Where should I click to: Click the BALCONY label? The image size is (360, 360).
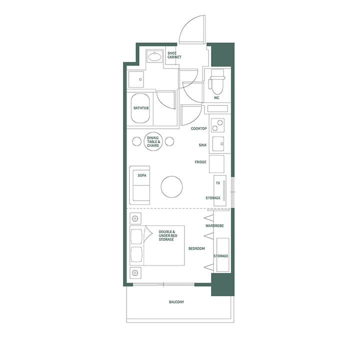click(176, 302)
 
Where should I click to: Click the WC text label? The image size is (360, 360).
click(216, 98)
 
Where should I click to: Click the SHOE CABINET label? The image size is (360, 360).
click(174, 55)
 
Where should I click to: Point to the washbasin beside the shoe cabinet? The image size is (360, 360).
click(154, 56)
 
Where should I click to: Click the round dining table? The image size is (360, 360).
click(153, 141)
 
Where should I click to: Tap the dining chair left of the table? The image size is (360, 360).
click(136, 141)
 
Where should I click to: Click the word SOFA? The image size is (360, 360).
click(141, 175)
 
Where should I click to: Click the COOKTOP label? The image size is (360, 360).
click(198, 128)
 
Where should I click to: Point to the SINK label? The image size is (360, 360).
click(202, 145)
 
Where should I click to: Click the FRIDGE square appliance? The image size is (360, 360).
click(216, 163)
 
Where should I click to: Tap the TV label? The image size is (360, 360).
click(217, 183)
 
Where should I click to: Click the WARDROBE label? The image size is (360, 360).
click(214, 226)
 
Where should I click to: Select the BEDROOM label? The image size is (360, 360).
click(196, 248)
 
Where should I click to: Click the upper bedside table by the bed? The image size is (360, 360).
click(135, 218)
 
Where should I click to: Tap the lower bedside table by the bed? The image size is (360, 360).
click(135, 273)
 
